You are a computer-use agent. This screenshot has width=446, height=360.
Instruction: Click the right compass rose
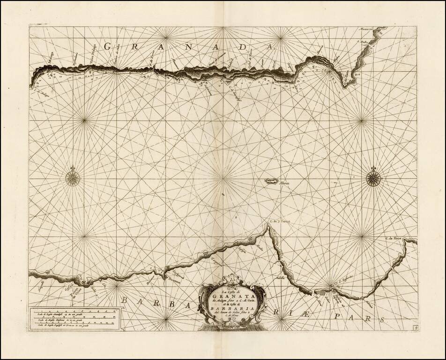click(x=373, y=177)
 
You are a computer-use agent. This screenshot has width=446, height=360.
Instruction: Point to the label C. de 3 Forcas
click(x=280, y=222)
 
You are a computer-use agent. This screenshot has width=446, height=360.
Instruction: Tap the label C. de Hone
click(x=394, y=238)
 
